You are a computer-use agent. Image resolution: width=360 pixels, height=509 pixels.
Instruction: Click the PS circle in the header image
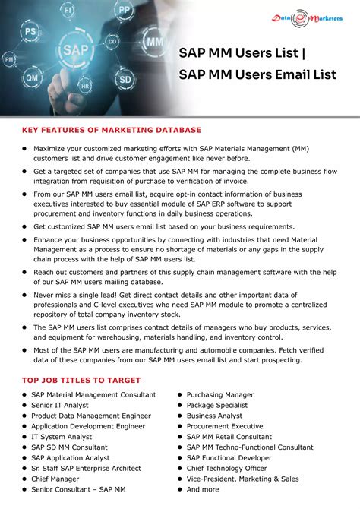(x=30, y=33)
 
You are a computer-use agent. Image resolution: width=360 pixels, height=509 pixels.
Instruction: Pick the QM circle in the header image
(x=33, y=76)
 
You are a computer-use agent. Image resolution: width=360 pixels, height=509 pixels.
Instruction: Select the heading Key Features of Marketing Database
(x=111, y=130)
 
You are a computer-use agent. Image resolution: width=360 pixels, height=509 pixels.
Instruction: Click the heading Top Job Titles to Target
(x=81, y=380)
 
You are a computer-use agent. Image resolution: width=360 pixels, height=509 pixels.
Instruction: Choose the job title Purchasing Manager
(x=220, y=395)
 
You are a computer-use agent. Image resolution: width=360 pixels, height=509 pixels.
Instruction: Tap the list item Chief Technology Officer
(x=227, y=469)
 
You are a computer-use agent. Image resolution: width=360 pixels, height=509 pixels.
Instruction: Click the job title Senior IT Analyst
(x=60, y=406)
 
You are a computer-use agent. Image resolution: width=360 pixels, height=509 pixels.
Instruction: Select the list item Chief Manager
(x=55, y=479)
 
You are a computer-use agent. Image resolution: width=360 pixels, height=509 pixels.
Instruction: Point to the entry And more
(x=203, y=490)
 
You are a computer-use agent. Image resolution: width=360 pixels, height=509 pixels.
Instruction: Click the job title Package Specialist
(x=217, y=406)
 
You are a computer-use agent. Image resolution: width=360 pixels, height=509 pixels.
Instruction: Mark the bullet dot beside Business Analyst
(x=178, y=416)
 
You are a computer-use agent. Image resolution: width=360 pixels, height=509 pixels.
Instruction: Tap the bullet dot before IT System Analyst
(x=24, y=438)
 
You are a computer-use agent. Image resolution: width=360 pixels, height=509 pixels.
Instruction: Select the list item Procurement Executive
(x=225, y=427)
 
